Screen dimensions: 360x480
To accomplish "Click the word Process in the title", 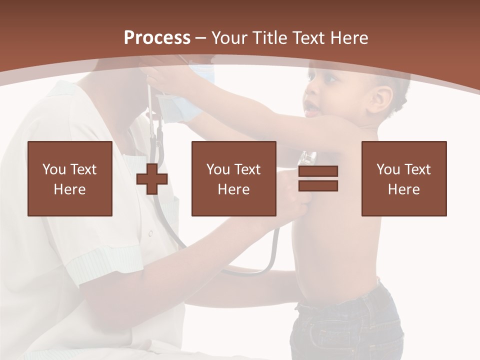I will pos(157,38).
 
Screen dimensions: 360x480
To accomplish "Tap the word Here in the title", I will pos(349,38).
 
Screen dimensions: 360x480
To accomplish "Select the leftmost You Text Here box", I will pos(70,179).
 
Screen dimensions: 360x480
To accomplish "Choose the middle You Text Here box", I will pos(233,179).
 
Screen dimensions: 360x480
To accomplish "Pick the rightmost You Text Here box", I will pos(403,179).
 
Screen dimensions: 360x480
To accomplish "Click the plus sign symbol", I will pos(152,179).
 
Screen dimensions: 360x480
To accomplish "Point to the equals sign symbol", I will pos(318,179).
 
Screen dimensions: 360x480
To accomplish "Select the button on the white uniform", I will pos(150,233).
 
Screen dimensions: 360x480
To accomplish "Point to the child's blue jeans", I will pos(345,325).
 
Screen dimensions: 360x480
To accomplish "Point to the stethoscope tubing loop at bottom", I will pos(250,271).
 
